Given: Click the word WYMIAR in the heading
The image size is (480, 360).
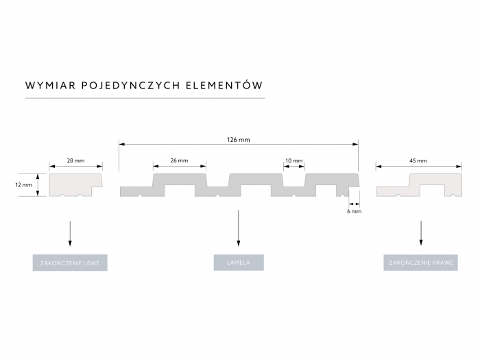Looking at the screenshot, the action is coord(51,86).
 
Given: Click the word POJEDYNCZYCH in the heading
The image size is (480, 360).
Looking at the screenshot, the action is coord(130,86).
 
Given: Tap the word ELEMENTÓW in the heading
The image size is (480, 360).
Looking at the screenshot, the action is coord(224,85).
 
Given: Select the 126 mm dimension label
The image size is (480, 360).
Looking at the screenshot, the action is coord(238,140).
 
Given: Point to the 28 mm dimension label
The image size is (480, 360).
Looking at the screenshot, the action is coord(75,160).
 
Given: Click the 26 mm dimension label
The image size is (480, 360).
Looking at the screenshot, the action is coord(179,160).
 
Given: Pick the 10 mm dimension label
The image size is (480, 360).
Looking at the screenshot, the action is coord(294,160).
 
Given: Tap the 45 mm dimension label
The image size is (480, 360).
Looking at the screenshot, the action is coord(418,160).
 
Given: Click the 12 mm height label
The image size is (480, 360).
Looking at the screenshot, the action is coord(23,185).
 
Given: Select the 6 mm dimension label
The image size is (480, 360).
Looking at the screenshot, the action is coord(355,211).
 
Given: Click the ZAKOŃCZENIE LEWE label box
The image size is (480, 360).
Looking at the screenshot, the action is coord(70,263).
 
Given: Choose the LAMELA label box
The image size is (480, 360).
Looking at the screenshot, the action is coord(239,263).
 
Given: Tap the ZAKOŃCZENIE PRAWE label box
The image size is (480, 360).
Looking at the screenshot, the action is coord(420,263).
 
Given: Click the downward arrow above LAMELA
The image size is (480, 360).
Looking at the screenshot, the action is coord(239,228).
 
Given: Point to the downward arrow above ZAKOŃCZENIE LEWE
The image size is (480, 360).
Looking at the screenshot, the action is coord(70,233).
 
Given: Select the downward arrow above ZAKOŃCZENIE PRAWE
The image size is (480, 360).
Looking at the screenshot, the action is coord(421,233).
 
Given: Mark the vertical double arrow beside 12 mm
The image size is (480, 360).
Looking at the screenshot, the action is coord(38,184).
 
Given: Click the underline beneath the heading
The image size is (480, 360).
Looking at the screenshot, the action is coord(145,98).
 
